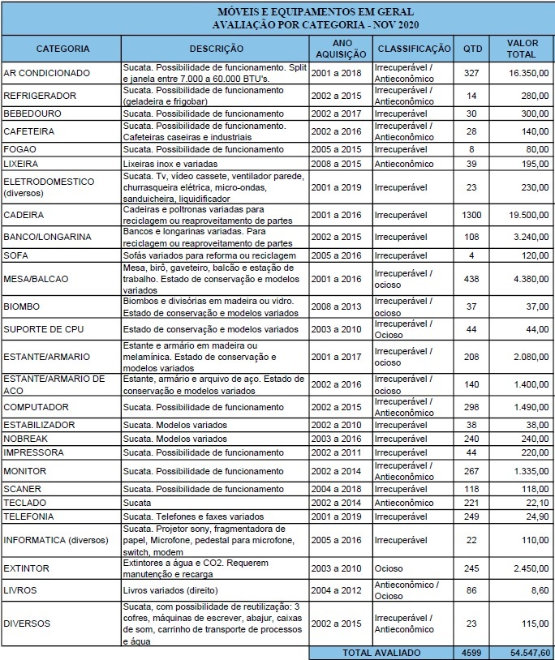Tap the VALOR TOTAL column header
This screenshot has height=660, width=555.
click(523, 49)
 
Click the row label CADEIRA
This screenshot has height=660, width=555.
click(24, 216)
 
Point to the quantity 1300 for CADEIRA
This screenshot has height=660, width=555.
click(471, 216)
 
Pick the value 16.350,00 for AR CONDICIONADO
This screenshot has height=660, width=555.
click(530, 73)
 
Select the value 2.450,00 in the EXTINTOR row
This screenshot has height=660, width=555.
click(531, 568)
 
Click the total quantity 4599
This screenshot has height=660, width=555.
click(471, 652)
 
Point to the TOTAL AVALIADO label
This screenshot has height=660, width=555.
click(381, 652)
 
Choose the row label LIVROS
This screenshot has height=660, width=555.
click(21, 591)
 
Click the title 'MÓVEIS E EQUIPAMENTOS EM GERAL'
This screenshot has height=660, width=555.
click(316, 13)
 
